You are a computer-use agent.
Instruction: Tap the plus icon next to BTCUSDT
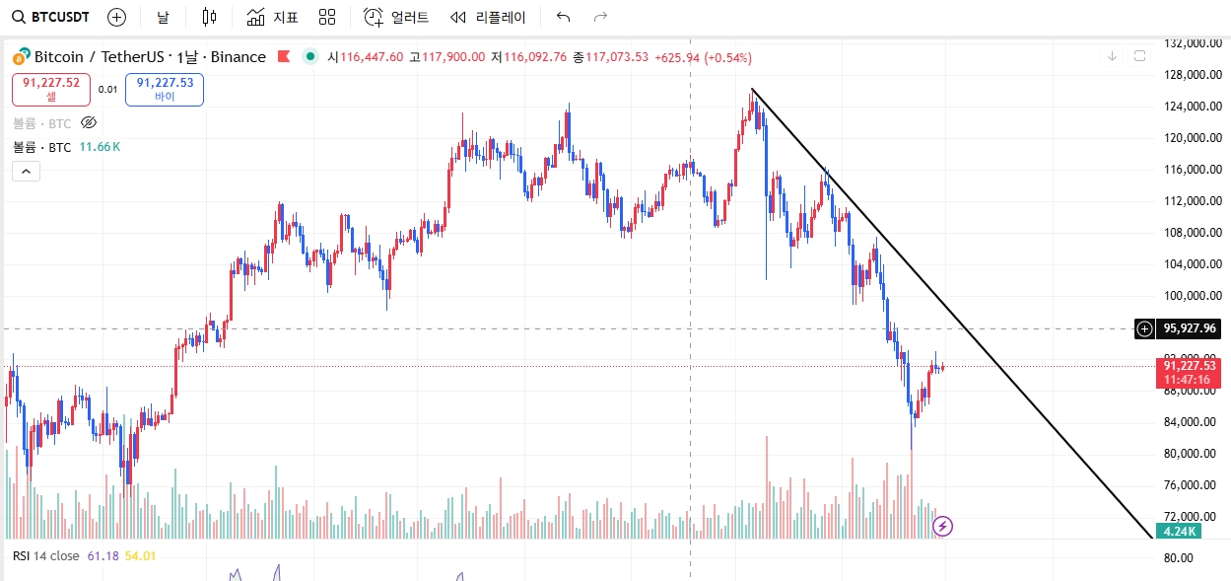click(x=116, y=17)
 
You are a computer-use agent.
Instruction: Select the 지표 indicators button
click(x=272, y=17)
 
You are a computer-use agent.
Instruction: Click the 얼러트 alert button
click(x=396, y=17)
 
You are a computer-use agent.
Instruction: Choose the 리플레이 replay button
click(x=488, y=17)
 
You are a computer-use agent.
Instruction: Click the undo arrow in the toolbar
click(x=563, y=17)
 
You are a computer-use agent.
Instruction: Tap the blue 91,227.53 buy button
click(x=165, y=90)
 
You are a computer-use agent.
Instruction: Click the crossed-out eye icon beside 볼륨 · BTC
click(x=89, y=122)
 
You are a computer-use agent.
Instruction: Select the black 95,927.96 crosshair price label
click(x=1190, y=328)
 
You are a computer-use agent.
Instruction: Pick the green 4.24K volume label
click(x=1179, y=531)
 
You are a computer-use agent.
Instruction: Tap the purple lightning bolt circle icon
click(x=942, y=526)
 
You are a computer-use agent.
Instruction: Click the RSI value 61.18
click(x=103, y=556)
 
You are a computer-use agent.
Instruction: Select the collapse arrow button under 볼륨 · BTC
click(x=26, y=172)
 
